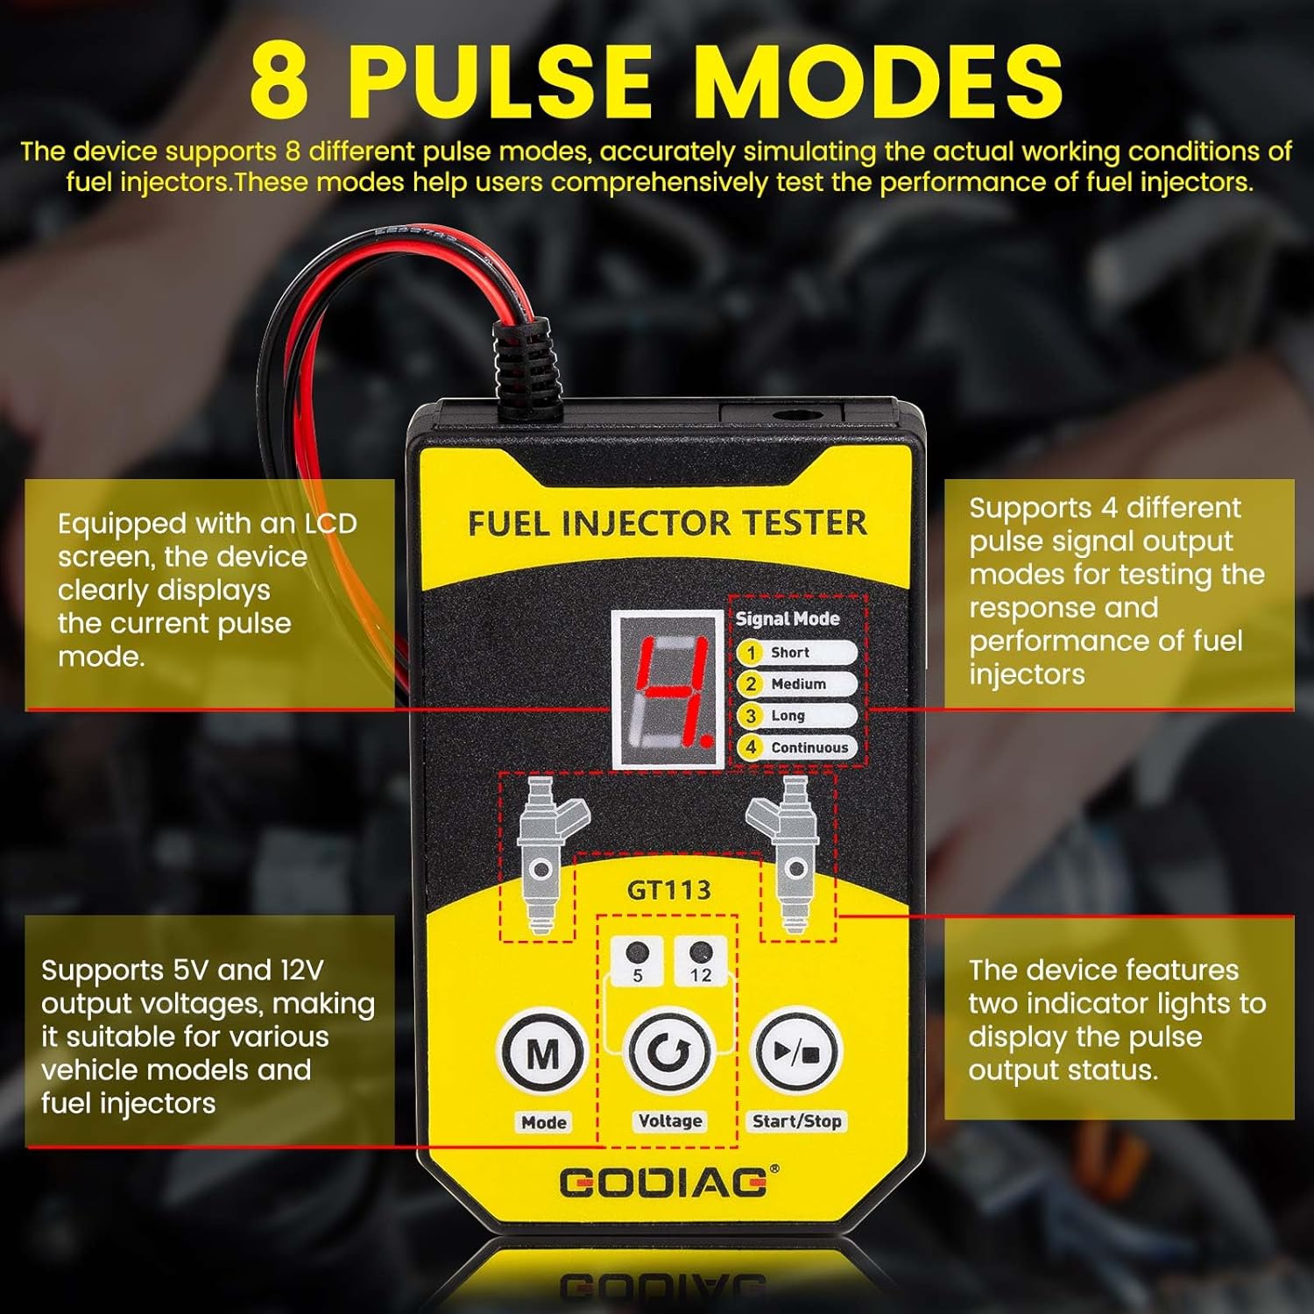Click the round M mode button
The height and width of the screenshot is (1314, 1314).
(542, 1052)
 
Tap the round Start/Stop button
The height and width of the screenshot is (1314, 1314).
(796, 1052)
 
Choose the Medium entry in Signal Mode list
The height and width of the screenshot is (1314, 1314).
(796, 684)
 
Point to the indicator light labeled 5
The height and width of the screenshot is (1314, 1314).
(638, 952)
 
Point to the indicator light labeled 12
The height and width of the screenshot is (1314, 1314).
(700, 952)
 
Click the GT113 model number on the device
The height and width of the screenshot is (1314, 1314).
(668, 890)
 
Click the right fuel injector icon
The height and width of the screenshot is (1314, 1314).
(788, 850)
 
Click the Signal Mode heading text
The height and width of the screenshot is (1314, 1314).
(787, 618)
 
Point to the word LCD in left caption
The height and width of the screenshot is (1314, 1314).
(330, 524)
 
